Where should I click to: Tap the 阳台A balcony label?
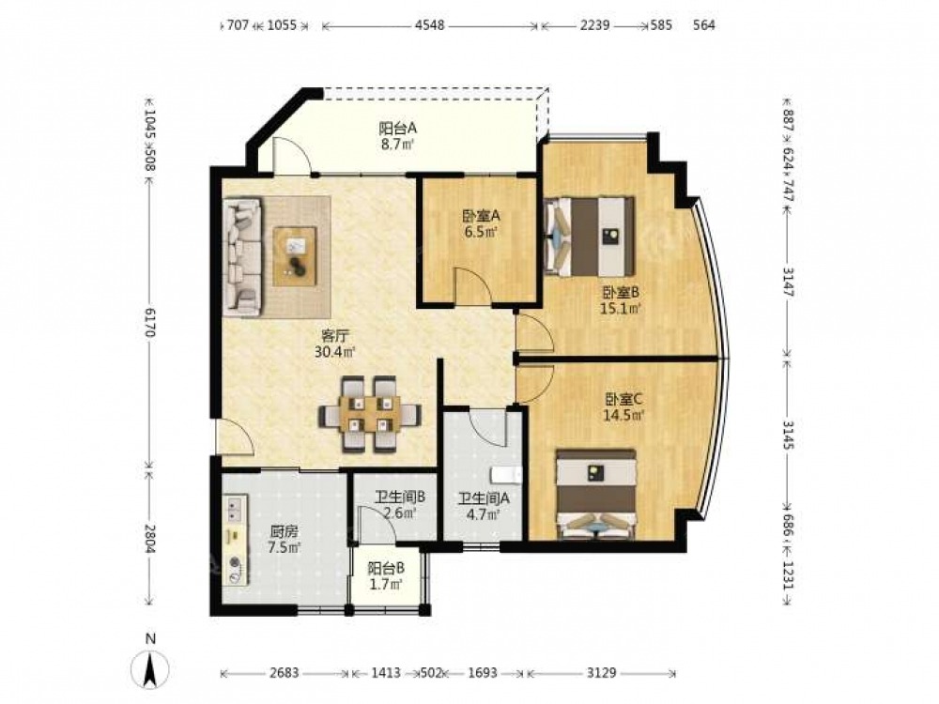point(398,128)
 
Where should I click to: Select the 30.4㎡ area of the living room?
point(335,351)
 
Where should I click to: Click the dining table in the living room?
point(369,413)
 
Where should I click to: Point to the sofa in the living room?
point(242,257)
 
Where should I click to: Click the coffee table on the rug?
point(295,255)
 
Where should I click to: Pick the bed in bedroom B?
point(590,237)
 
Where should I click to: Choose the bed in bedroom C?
point(596,494)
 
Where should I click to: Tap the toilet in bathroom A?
point(507,474)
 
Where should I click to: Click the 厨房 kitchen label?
point(284,531)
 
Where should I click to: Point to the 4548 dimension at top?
point(430,25)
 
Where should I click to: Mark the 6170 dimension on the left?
point(149,321)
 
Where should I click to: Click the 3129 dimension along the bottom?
point(601,673)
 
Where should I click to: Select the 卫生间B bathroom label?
point(401,497)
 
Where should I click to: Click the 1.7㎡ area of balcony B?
point(386,584)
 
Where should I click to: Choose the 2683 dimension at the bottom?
point(284,673)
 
